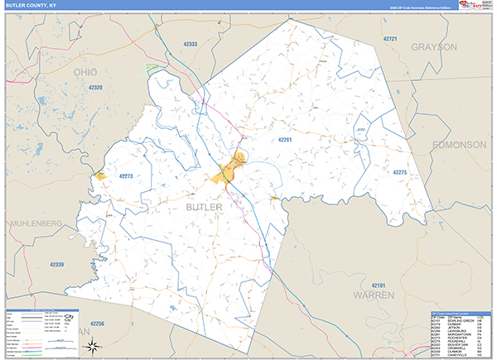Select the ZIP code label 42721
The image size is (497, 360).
click(x=390, y=39)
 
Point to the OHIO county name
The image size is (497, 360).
click(x=91, y=73)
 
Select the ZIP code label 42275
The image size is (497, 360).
click(x=400, y=172)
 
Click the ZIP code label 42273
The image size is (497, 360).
click(x=126, y=175)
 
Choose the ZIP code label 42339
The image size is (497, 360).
click(x=55, y=264)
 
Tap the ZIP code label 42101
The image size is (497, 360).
click(x=379, y=284)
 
